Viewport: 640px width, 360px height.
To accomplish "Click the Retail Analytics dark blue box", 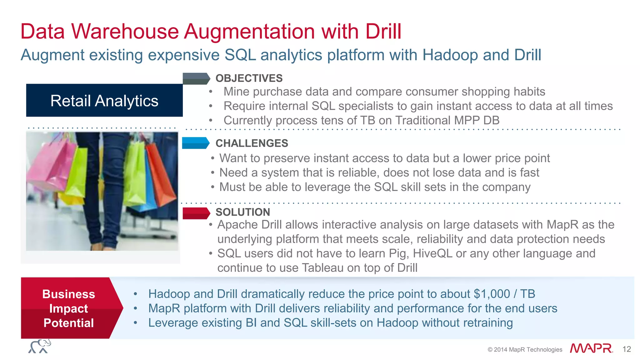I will (104, 100).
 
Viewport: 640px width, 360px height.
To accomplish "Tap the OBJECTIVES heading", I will (249, 78).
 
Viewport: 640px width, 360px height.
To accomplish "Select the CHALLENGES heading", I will (252, 143).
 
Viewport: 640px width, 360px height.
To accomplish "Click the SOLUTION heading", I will (242, 212).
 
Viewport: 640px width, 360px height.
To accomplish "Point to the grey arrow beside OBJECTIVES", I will (196, 79).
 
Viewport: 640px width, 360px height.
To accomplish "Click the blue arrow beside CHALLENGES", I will (195, 143).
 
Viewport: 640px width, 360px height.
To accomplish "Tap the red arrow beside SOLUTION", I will (196, 213).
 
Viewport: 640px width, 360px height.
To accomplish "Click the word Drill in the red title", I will (383, 32).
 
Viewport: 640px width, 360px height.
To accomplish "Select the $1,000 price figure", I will (492, 294).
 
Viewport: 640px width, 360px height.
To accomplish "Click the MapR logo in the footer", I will (591, 348).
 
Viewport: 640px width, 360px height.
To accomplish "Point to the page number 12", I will (627, 349).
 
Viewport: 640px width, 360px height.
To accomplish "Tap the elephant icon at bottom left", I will (40, 346).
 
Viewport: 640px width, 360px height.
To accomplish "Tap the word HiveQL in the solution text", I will (432, 253).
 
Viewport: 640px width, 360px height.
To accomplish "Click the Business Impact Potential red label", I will (69, 308).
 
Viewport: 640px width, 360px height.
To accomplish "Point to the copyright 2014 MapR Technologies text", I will (525, 350).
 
